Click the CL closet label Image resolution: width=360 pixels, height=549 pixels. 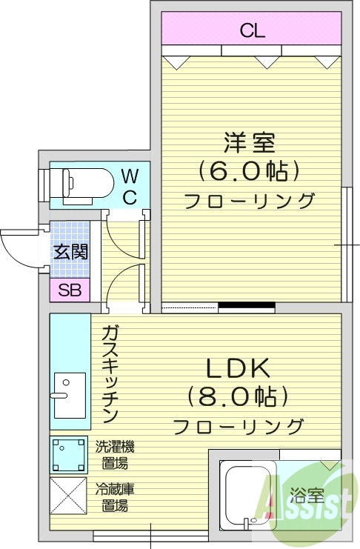[x=252, y=30]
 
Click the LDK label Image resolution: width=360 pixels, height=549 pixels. [x=239, y=367]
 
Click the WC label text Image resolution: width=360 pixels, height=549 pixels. [x=129, y=187]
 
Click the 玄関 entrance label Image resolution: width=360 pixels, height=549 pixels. [x=70, y=250]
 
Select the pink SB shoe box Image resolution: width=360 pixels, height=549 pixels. [x=69, y=290]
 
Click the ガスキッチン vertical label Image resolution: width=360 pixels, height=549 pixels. [x=111, y=373]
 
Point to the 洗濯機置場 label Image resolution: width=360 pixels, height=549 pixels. [x=115, y=455]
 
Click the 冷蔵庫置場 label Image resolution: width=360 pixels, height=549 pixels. [x=115, y=498]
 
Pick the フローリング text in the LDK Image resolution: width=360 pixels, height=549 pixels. [x=239, y=427]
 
